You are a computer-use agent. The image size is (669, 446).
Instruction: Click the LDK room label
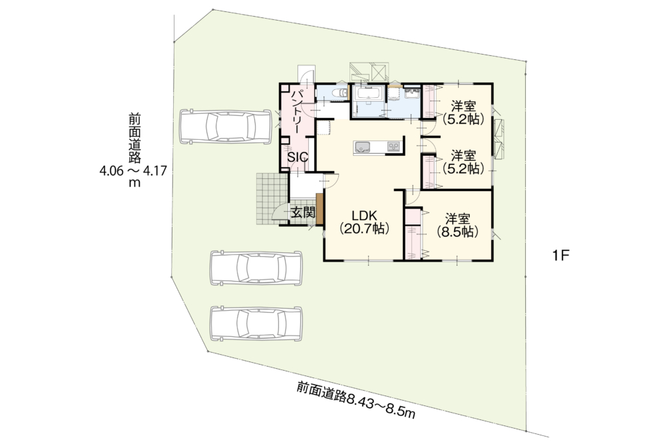click(364, 214)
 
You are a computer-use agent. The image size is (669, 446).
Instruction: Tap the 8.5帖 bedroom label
click(457, 226)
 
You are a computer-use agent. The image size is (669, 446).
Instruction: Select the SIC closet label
click(298, 157)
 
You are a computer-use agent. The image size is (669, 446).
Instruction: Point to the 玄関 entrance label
click(303, 212)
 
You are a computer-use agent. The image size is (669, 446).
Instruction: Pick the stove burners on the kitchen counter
click(393, 147)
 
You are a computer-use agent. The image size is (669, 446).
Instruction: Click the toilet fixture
click(339, 93)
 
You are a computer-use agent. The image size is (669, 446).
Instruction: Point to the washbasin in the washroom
click(412, 93)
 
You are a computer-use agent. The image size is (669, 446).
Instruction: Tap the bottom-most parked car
click(256, 323)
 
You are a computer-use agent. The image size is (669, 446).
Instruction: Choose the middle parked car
click(256, 268)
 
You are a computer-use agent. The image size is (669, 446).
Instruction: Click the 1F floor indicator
click(560, 256)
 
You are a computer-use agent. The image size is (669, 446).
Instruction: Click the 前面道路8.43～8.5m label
click(356, 400)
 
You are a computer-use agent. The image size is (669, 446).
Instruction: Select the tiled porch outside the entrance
click(272, 199)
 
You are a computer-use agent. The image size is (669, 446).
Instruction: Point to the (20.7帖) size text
click(364, 229)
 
